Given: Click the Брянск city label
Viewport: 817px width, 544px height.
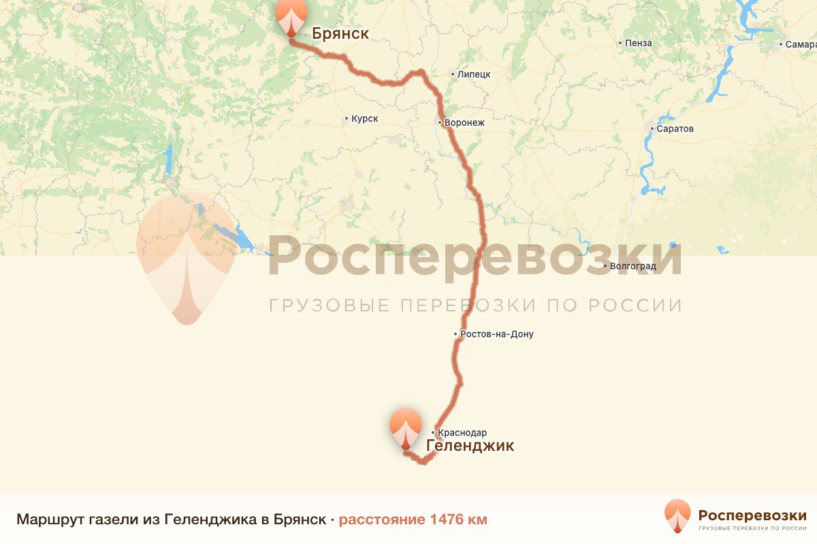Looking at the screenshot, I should [x=340, y=33].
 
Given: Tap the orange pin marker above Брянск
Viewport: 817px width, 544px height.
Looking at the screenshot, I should [x=291, y=15].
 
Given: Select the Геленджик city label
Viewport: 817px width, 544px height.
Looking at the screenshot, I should [x=470, y=446].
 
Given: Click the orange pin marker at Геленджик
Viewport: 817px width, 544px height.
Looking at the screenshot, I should [x=406, y=426].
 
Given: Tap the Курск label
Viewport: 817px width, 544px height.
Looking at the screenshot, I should [x=364, y=119].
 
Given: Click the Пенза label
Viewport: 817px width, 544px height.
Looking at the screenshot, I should [x=639, y=44].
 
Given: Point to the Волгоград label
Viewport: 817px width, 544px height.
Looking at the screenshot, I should [x=633, y=266].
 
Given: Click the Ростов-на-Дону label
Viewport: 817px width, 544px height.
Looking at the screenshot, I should [x=497, y=335].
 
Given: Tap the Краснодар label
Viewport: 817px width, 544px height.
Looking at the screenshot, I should [x=462, y=432].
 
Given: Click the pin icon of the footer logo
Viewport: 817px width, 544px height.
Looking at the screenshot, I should [x=677, y=515].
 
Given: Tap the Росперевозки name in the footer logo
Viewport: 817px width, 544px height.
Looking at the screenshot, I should [x=752, y=514].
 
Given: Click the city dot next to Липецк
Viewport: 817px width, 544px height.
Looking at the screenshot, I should [x=453, y=74].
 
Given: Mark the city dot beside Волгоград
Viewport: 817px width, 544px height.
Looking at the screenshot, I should [x=605, y=266].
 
